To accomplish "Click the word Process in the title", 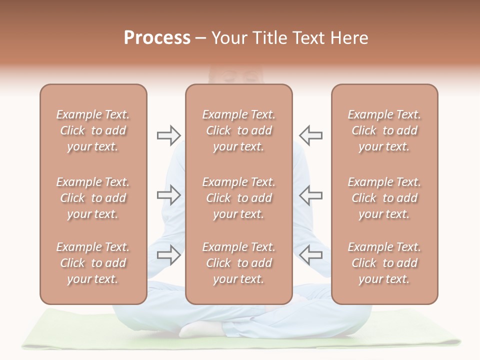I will (x=157, y=38).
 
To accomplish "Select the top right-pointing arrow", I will (x=169, y=135).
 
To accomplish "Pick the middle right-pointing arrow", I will (x=169, y=195).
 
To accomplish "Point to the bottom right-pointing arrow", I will (x=169, y=255).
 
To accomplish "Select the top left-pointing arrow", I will (x=310, y=135).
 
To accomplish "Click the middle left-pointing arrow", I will (x=310, y=195).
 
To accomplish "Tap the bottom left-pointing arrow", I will (x=310, y=255).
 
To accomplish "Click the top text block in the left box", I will (x=93, y=130).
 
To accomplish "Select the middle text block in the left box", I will (x=93, y=198).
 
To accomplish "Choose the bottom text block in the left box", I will (x=93, y=263).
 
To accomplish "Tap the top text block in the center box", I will (x=238, y=130).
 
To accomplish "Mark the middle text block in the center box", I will (x=238, y=198).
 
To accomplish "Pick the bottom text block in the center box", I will (x=238, y=263).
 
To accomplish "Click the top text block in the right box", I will (x=384, y=130).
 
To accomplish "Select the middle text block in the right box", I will (x=384, y=198).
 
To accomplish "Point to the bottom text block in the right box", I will (x=384, y=263).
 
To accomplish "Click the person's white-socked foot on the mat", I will (x=200, y=328).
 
